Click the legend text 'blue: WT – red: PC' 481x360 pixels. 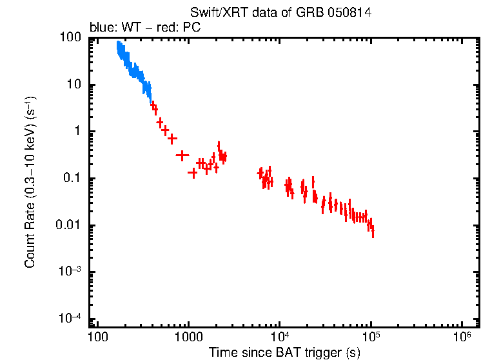pyautogui.click(x=145, y=28)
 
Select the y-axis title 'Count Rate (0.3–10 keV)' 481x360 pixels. pyautogui.click(x=30, y=182)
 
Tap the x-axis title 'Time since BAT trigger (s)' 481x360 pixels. pyautogui.click(x=284, y=352)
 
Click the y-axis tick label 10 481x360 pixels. pyautogui.click(x=74, y=85)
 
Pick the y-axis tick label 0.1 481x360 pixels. pyautogui.click(x=72, y=179)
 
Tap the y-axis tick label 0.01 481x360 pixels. pyautogui.click(x=69, y=226)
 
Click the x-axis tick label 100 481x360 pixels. pyautogui.click(x=97, y=337)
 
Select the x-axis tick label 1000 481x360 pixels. pyautogui.click(x=189, y=337)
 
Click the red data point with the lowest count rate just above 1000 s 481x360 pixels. pyautogui.click(x=192, y=172)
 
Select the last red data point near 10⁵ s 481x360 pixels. pyautogui.click(x=373, y=232)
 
